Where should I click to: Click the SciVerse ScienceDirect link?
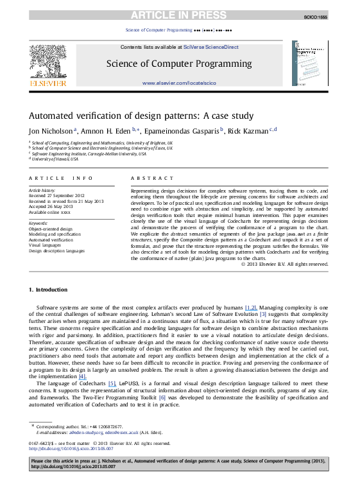(202, 48)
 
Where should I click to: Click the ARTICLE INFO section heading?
(56, 177)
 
